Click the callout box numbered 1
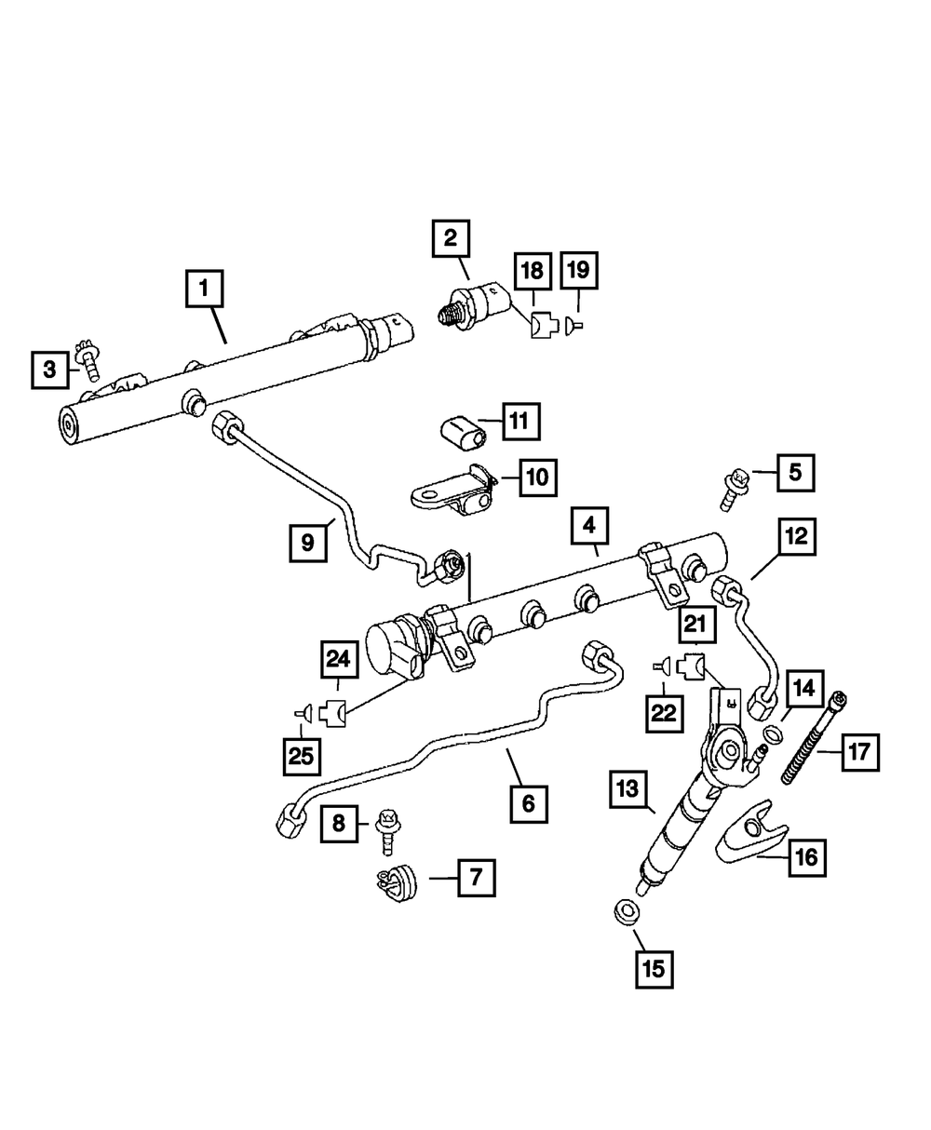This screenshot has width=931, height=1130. [x=205, y=289]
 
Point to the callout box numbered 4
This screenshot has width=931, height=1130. [x=589, y=527]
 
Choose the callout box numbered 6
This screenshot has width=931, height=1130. [x=529, y=802]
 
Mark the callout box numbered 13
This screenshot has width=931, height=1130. [x=629, y=791]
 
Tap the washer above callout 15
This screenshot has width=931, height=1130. [x=627, y=909]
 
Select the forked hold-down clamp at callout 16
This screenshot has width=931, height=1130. [x=750, y=835]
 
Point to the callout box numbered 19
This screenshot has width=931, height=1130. [x=578, y=271]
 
